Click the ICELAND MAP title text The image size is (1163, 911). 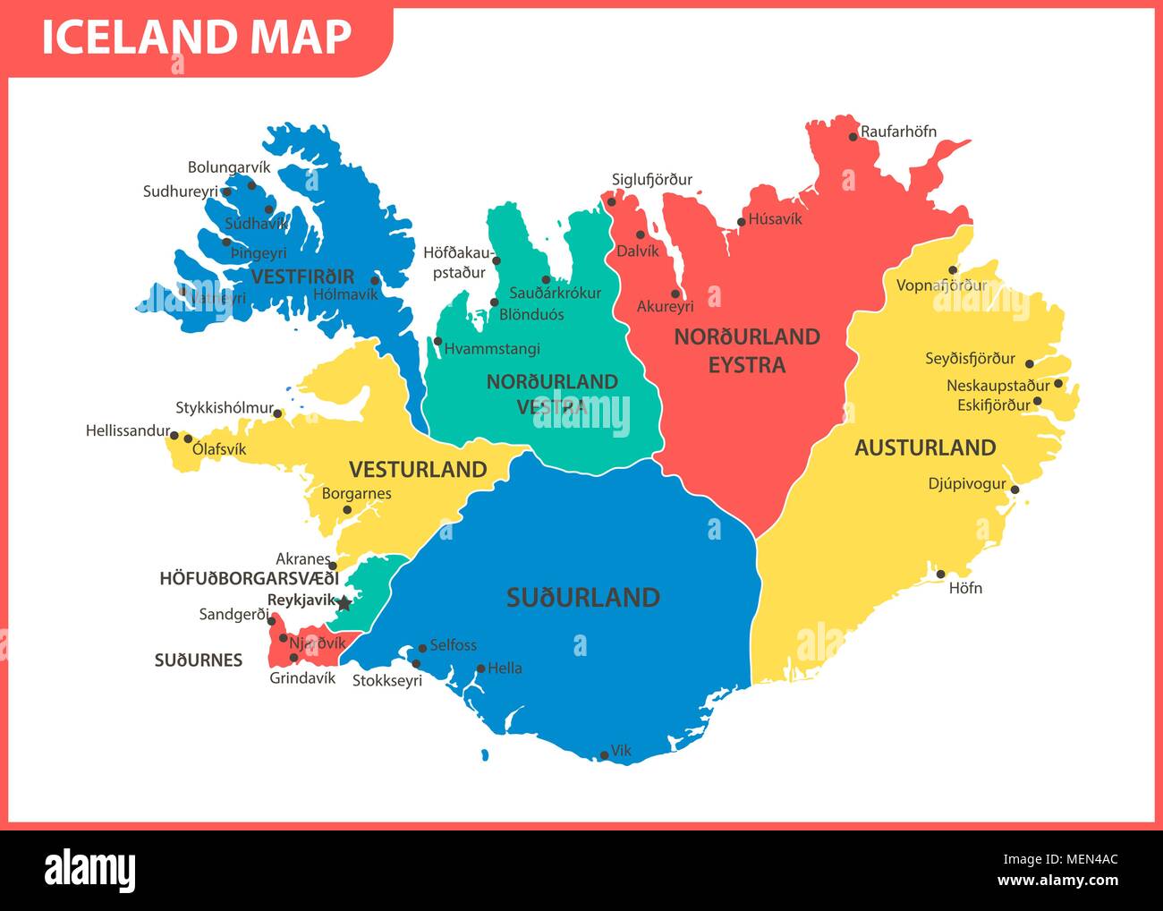coord(197,38)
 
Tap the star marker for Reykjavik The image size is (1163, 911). coord(344,603)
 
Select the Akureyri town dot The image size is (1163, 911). coord(675,294)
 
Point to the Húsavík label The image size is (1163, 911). coord(775,218)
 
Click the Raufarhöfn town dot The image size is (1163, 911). coord(853,137)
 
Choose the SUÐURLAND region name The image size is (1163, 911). coord(582,598)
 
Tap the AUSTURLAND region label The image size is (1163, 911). coord(924,447)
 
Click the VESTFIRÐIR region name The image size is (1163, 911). coord(302,277)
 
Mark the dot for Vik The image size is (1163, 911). coord(605,756)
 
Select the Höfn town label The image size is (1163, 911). coord(965,588)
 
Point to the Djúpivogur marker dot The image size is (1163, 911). coord(1014,489)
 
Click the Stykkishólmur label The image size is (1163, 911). coord(224,408)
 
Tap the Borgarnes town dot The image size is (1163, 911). coord(348,510)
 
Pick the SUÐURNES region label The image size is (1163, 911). coord(198,660)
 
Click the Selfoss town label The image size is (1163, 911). coord(453,644)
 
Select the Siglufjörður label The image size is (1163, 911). coord(651,180)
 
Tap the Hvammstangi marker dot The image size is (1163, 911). coord(437,341)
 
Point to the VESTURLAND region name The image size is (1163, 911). coord(418,470)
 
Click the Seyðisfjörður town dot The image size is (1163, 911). coord(1029,364)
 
